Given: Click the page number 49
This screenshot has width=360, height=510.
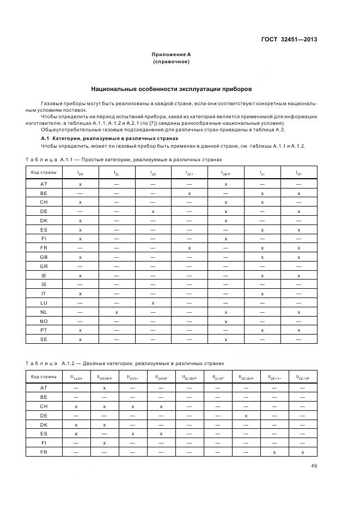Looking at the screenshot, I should [x=313, y=466].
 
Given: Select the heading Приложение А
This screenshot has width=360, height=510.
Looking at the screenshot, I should [x=171, y=54].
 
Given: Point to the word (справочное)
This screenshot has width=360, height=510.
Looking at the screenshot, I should [x=171, y=62].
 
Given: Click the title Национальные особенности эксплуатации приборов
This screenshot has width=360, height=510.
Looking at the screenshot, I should [x=172, y=88].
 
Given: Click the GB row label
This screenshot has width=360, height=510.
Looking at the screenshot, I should [x=44, y=257].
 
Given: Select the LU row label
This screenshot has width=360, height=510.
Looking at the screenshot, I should [x=44, y=302].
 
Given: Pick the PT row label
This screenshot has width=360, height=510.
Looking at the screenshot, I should [x=44, y=330].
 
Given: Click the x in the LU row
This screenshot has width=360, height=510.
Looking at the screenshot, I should [x=153, y=302].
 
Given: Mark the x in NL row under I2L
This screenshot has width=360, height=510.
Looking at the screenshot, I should [x=117, y=312].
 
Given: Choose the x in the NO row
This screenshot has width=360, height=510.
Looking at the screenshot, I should [x=225, y=321].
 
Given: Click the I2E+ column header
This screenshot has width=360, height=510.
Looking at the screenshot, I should [x=190, y=173].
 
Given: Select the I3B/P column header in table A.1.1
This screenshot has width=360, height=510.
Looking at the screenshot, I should [x=225, y=173].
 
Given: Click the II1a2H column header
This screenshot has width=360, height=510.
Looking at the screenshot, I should [x=76, y=377].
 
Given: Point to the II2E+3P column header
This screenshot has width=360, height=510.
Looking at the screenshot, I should [x=302, y=377].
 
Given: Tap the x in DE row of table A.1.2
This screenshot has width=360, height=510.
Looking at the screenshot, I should [x=246, y=415].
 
